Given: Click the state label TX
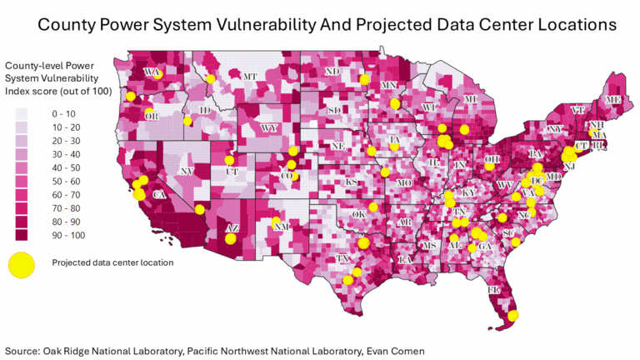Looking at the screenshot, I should [x=342, y=259].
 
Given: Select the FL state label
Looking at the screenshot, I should [x=493, y=289].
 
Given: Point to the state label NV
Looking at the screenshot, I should [x=187, y=171].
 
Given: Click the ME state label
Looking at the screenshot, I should [x=613, y=100].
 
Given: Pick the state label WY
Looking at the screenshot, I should [x=268, y=128].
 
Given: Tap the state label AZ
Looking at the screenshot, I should [x=233, y=227].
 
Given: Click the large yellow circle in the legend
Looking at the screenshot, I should [x=22, y=263].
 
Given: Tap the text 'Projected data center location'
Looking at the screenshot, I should [x=112, y=263].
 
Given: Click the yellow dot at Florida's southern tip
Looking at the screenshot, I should [x=513, y=315].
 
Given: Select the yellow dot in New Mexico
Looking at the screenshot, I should [x=276, y=221].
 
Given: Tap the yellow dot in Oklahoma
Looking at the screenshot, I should [x=373, y=207].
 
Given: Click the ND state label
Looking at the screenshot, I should [x=332, y=72].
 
